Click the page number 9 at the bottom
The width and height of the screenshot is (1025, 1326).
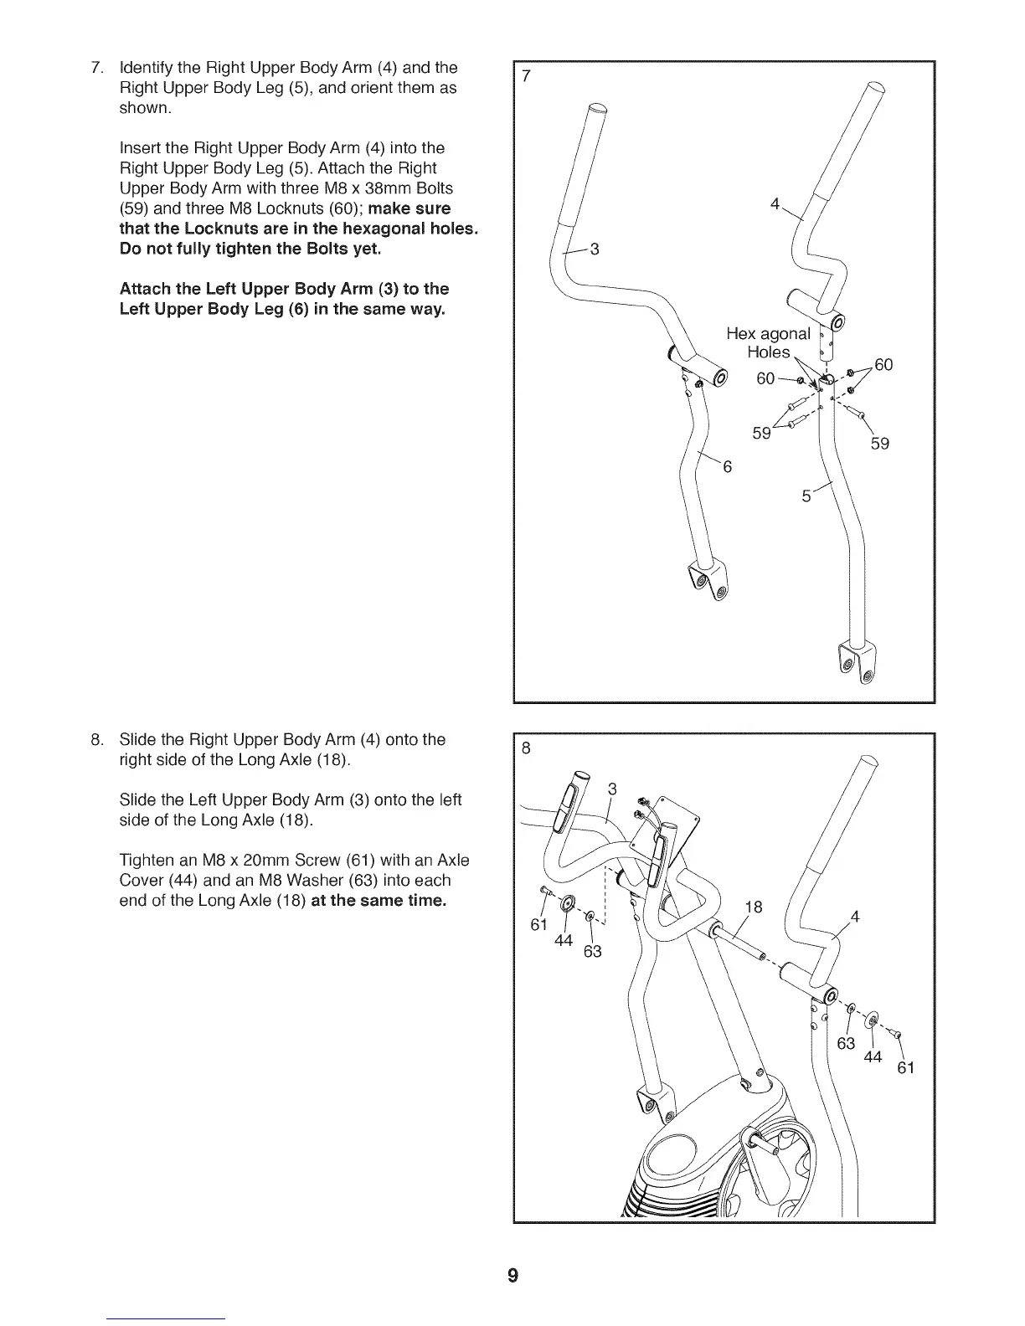pyautogui.click(x=512, y=1276)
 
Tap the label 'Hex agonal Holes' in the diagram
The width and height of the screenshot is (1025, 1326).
pyautogui.click(x=768, y=342)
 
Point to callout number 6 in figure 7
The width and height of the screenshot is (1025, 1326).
pyautogui.click(x=727, y=467)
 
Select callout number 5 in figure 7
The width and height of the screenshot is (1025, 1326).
pyautogui.click(x=806, y=496)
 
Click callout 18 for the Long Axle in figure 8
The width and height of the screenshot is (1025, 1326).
pyautogui.click(x=753, y=907)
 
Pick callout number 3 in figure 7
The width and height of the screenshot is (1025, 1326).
pyautogui.click(x=595, y=249)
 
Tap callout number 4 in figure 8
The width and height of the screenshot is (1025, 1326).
pyautogui.click(x=855, y=917)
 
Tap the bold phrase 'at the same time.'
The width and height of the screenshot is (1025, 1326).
pyautogui.click(x=379, y=901)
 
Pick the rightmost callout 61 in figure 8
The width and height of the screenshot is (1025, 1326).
pyautogui.click(x=905, y=1067)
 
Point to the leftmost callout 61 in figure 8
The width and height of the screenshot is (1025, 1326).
pyautogui.click(x=539, y=925)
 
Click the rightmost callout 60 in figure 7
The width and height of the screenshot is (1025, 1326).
pyautogui.click(x=883, y=364)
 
